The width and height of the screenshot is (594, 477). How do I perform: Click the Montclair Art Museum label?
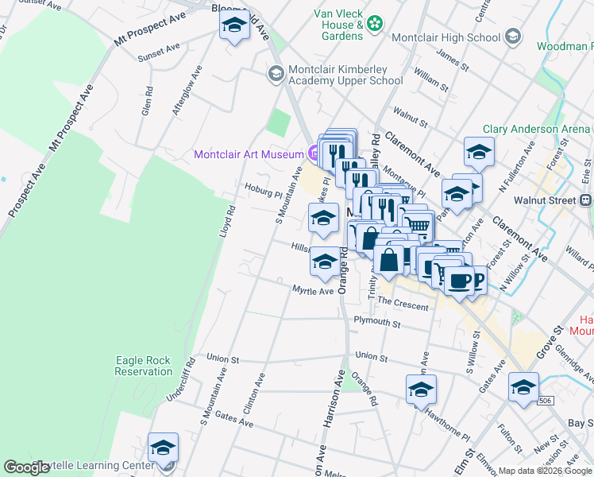(x=248, y=154)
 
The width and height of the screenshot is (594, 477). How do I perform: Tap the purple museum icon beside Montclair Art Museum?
(x=313, y=154)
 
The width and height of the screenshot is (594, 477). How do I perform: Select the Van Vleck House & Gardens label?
(x=338, y=25)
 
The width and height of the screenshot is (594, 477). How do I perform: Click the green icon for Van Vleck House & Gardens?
(x=376, y=25)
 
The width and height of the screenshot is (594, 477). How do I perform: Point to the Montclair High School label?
(x=445, y=37)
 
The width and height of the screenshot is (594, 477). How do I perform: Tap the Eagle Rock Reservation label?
(x=144, y=366)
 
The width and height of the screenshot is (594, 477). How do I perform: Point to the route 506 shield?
(x=545, y=401)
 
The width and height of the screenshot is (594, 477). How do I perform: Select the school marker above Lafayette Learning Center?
(x=163, y=448)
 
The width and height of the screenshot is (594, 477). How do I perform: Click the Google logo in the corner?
(x=27, y=468)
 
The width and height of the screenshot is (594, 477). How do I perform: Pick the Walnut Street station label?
(x=544, y=201)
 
